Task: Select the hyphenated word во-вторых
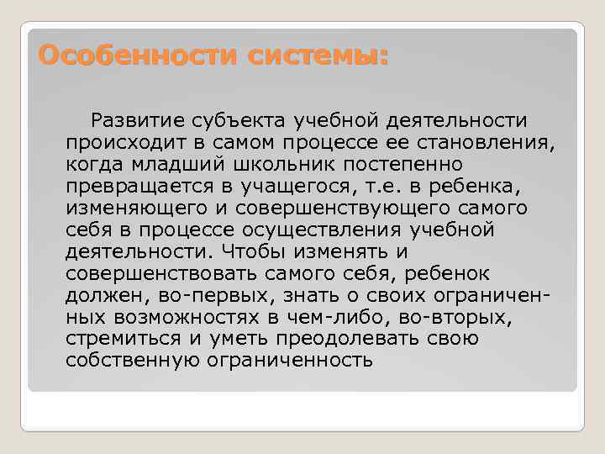466,318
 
